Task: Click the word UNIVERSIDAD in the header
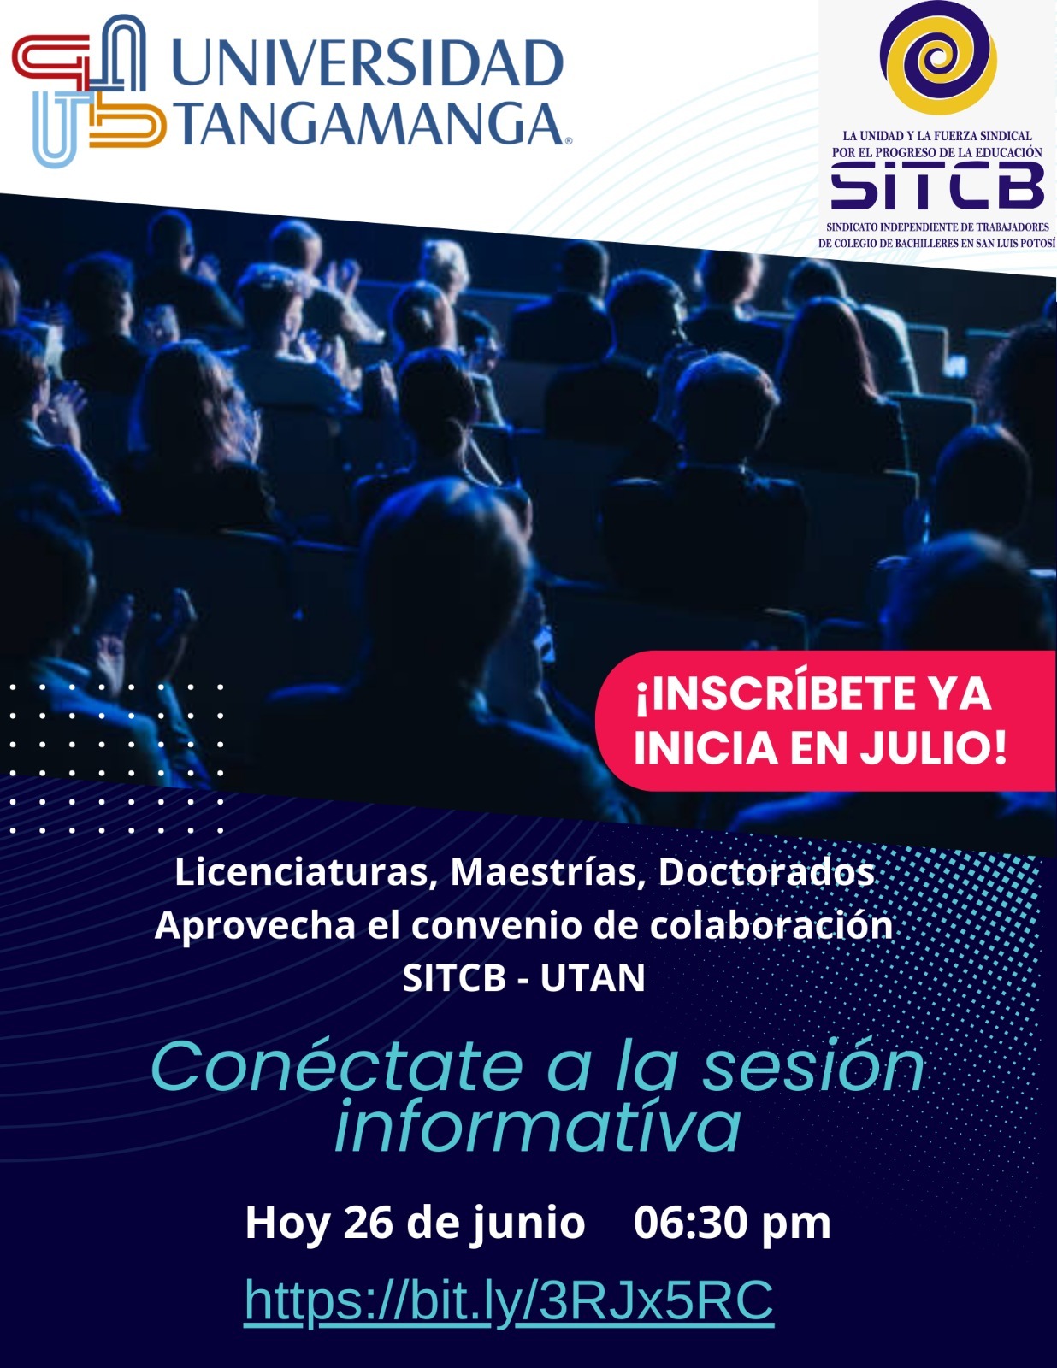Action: click(367, 62)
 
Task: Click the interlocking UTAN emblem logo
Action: click(89, 91)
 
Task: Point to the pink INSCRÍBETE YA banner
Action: click(825, 720)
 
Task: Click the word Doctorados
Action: click(766, 873)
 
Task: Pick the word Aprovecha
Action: click(255, 926)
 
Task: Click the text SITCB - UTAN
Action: click(523, 977)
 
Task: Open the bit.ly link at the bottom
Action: click(509, 1300)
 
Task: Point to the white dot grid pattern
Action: click(115, 758)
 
